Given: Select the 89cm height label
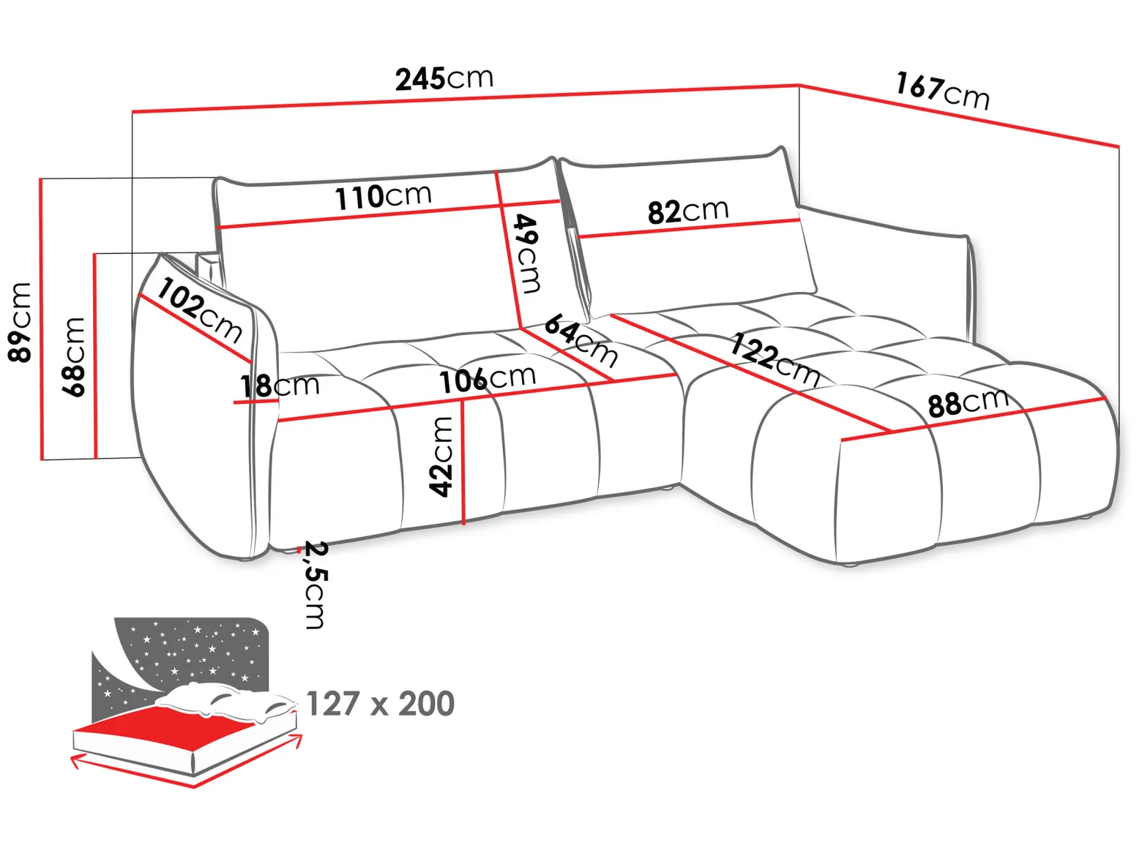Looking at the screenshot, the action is [x=20, y=322].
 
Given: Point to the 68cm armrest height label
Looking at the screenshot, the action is [x=73, y=357].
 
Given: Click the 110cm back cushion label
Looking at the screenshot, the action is [x=384, y=197].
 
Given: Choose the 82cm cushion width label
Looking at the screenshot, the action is [x=688, y=211].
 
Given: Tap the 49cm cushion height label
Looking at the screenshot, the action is [x=527, y=254].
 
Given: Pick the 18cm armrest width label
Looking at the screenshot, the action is [x=280, y=385].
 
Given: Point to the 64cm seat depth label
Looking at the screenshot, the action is [x=581, y=340].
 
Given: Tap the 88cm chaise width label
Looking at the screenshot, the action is [x=969, y=402].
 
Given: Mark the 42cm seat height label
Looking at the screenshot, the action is [x=441, y=457].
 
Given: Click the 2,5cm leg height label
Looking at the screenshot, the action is [x=316, y=585].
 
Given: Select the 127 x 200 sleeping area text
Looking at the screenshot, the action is [x=381, y=704].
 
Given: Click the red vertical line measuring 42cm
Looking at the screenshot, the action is [x=463, y=462].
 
